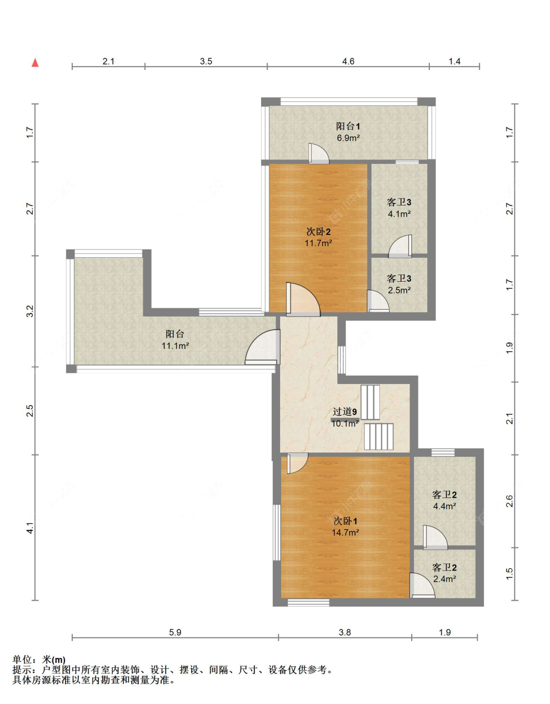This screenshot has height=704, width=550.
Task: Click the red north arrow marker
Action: pyautogui.click(x=35, y=63)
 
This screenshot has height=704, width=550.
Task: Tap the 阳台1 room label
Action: pyautogui.click(x=348, y=126)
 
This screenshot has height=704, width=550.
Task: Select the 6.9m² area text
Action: pyautogui.click(x=348, y=138)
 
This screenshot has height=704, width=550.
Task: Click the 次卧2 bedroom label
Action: pyautogui.click(x=319, y=231)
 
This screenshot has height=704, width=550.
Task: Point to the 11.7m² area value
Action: pyautogui.click(x=318, y=243)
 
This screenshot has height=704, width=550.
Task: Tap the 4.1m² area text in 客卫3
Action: pyautogui.click(x=399, y=214)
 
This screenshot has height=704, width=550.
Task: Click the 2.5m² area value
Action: pyautogui.click(x=399, y=290)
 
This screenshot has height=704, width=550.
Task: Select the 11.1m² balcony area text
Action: pyautogui.click(x=175, y=346)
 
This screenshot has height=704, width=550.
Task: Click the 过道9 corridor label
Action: pyautogui.click(x=345, y=412)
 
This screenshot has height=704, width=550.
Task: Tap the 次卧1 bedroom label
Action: pyautogui.click(x=346, y=521)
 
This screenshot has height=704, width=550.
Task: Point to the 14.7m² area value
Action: pyautogui.click(x=345, y=532)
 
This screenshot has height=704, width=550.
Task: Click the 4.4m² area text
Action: pyautogui.click(x=444, y=506)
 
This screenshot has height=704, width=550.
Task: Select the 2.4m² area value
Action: pyautogui.click(x=444, y=579)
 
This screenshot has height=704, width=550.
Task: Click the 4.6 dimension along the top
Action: pyautogui.click(x=348, y=61)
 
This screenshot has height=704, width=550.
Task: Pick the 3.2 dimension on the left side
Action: pyautogui.click(x=30, y=311)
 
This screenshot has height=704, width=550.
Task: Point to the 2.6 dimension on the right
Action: pyautogui.click(x=509, y=501)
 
